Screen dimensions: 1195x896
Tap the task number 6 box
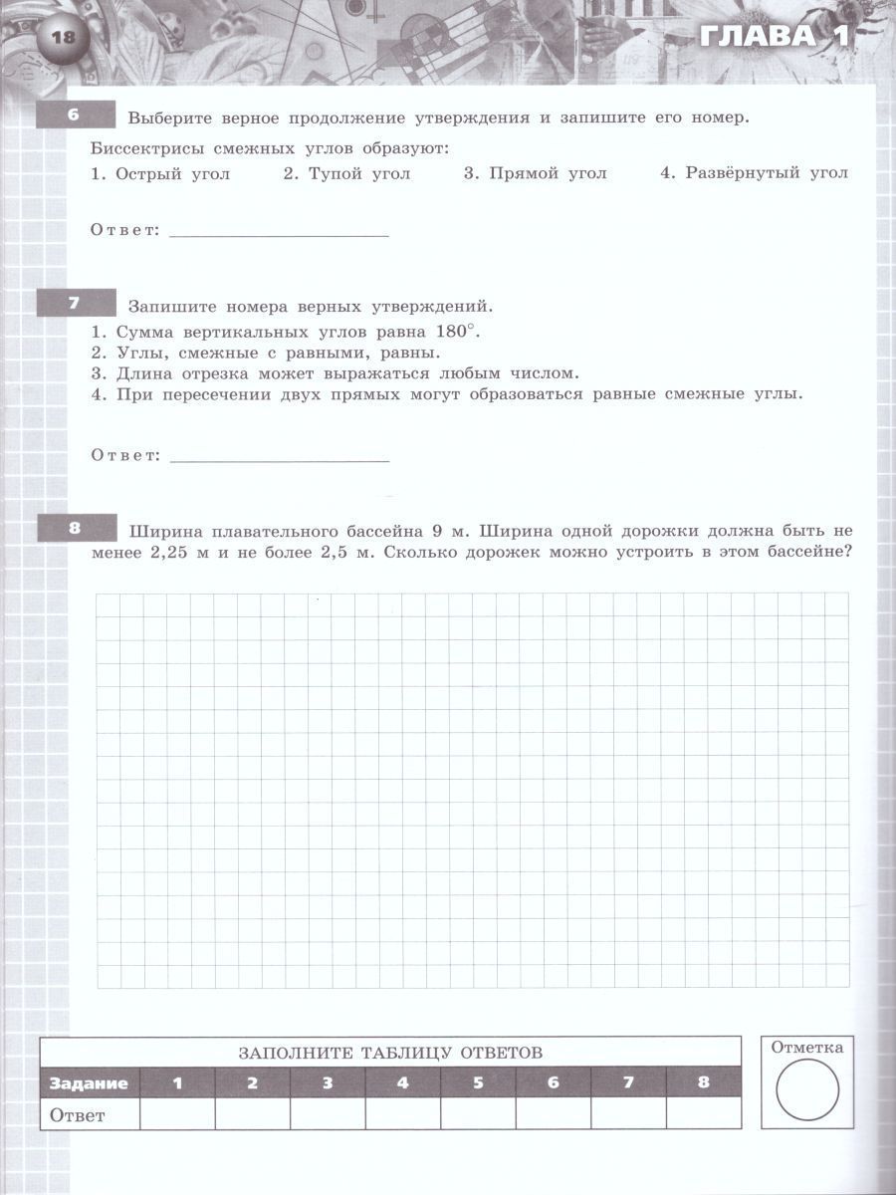73,115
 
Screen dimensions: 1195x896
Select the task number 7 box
73,302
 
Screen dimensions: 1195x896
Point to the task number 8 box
73,529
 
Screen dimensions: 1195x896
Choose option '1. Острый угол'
160,173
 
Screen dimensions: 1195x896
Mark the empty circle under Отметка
806,1090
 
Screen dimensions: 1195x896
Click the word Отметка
806,1047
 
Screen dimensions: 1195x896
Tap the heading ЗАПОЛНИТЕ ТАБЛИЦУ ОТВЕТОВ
391,1052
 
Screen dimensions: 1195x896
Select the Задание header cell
90,1082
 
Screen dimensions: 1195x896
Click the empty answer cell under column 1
177,1114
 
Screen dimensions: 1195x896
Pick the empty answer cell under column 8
703,1114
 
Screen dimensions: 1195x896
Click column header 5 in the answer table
478,1082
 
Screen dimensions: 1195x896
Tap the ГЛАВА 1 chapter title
773,37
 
